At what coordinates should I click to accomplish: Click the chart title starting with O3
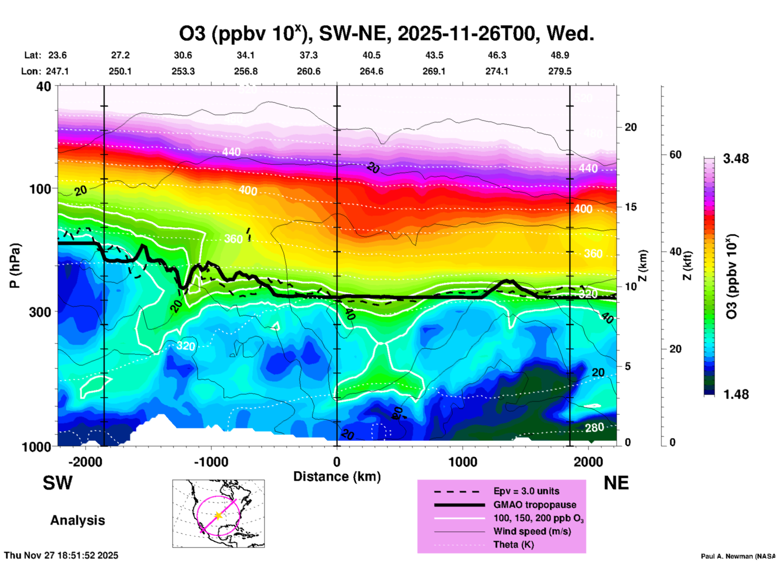386,33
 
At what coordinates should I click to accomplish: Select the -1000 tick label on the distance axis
211,462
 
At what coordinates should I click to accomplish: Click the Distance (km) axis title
337,476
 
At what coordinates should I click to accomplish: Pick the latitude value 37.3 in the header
309,55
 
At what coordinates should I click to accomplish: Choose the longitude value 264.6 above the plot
371,71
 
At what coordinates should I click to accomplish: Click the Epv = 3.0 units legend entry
526,491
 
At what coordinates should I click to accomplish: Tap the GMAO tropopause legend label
534,505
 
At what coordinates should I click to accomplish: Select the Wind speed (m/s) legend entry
532,531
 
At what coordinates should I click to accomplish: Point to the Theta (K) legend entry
513,544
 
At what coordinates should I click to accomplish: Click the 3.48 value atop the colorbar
736,159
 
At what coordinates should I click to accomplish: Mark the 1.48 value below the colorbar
736,394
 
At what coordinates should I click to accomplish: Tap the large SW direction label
58,483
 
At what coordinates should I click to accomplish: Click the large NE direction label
616,483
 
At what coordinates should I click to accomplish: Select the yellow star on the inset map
218,516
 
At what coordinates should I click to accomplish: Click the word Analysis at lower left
77,520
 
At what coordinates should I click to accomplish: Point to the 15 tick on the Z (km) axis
631,207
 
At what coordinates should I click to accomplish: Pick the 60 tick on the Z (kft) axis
675,155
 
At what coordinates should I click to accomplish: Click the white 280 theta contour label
594,427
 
